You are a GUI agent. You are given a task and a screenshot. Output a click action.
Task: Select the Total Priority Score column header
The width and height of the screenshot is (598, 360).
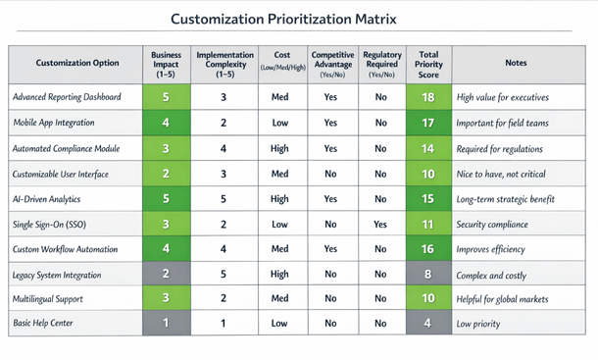tap(427, 63)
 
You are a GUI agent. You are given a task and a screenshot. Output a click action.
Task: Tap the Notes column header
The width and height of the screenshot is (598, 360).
tap(515, 63)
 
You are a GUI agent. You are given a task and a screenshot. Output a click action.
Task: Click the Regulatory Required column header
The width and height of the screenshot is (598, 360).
tap(381, 63)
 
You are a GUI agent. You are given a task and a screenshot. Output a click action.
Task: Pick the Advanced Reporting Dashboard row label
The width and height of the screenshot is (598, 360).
tap(66, 97)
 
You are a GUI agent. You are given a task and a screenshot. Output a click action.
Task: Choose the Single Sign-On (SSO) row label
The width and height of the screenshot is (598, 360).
tap(51, 225)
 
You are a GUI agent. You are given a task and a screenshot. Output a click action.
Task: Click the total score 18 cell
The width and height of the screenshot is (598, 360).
tap(427, 97)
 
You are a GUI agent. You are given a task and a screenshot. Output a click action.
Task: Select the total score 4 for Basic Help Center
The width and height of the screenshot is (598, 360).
tap(427, 323)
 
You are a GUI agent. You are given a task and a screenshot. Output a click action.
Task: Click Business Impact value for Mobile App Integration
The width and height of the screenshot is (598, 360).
tap(167, 123)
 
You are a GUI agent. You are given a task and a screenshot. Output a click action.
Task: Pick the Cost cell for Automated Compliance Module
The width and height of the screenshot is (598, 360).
tap(279, 148)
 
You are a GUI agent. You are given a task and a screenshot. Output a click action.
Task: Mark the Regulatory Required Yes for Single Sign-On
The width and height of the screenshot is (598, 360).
tap(381, 225)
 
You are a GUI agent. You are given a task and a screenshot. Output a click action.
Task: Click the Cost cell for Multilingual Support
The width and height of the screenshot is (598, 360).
tap(279, 297)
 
